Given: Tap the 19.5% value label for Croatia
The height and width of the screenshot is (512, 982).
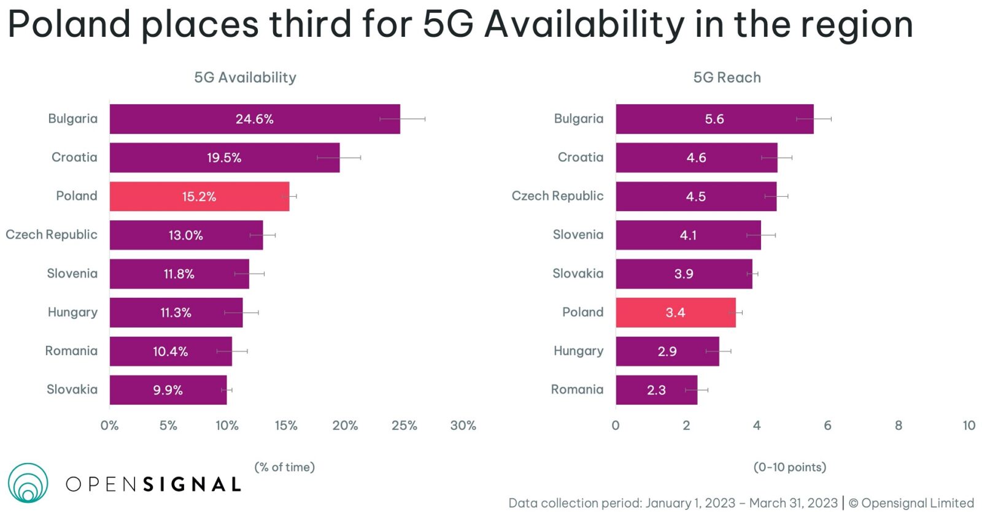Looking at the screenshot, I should click(x=224, y=158).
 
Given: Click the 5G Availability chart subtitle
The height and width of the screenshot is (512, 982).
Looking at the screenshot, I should click(x=245, y=77).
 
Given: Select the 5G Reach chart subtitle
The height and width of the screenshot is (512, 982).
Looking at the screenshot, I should click(x=727, y=77).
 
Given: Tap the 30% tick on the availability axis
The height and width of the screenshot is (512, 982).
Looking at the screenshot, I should click(x=463, y=426).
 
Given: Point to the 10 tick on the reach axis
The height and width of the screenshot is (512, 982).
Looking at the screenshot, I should click(x=968, y=426).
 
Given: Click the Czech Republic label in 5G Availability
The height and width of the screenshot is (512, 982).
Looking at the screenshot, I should click(x=52, y=235).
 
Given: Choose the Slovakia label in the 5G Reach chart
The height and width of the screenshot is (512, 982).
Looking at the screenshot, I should click(x=578, y=273).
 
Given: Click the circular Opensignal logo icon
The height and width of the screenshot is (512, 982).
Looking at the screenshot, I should click(x=28, y=483).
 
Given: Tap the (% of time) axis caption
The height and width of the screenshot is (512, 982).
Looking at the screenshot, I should click(x=284, y=467).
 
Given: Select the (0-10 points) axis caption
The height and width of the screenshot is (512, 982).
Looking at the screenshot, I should click(x=789, y=467).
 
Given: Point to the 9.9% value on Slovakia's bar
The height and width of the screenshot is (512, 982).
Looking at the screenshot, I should click(x=168, y=390).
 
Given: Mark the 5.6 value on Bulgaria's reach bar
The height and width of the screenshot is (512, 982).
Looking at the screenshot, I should click(x=714, y=119).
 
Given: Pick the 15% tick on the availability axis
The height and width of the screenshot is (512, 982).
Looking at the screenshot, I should click(x=286, y=426).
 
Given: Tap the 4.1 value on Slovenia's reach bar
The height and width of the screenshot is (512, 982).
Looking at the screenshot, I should click(x=688, y=235).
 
